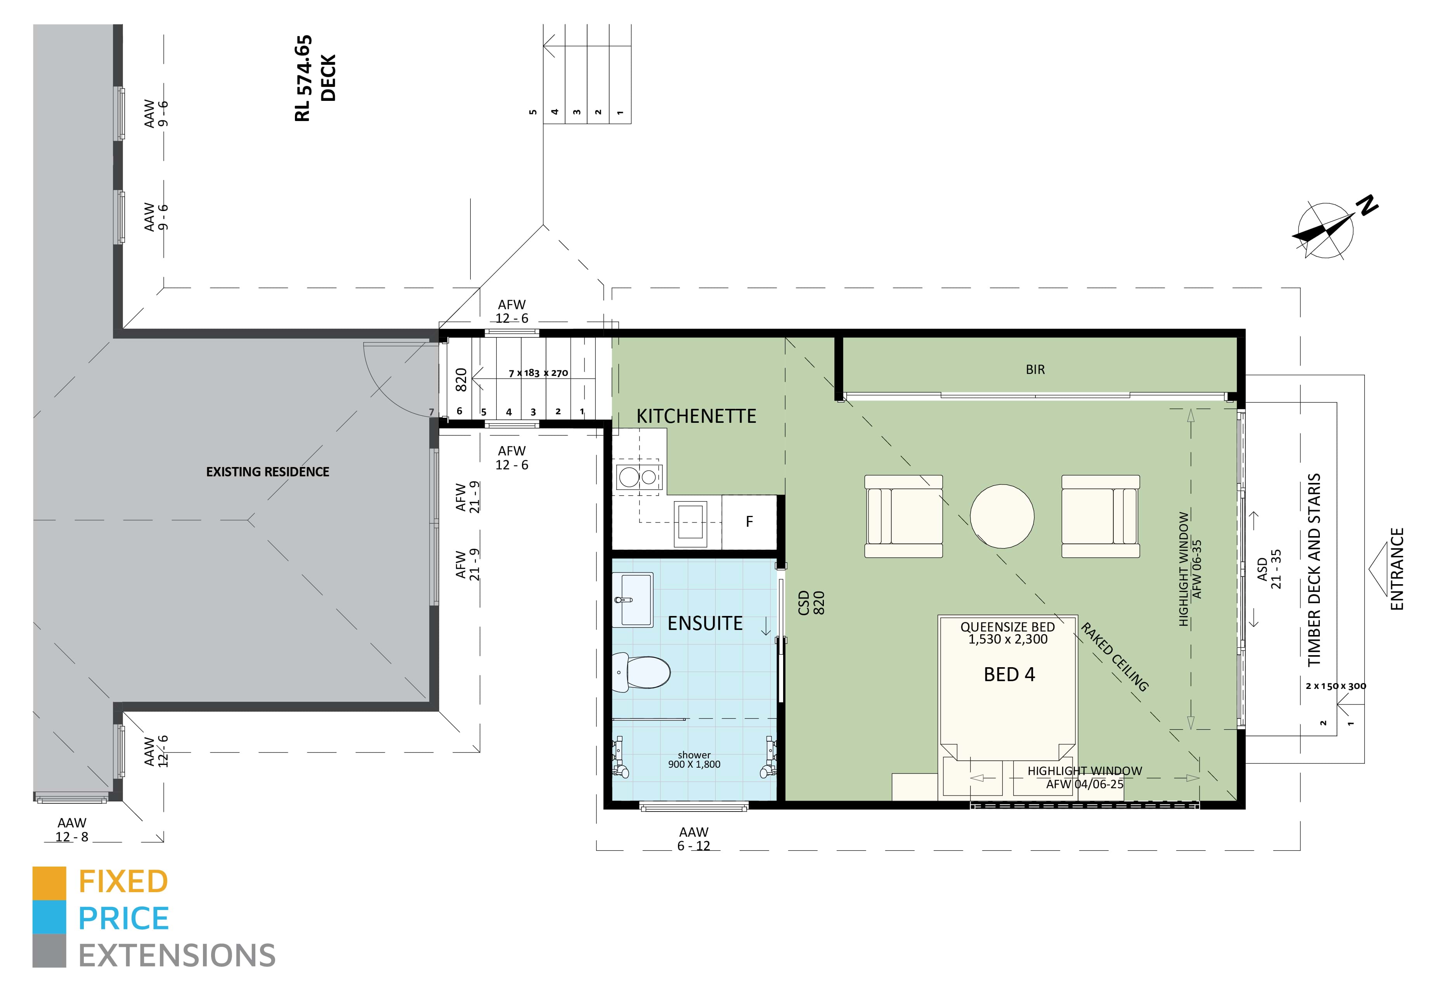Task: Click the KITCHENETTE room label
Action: tap(696, 416)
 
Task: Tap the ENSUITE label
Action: tap(704, 623)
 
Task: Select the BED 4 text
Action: tap(1009, 674)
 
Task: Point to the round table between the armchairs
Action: tap(1002, 516)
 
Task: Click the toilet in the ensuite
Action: tap(642, 672)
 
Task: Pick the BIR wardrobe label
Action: tap(1035, 370)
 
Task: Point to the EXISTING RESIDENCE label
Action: tap(268, 472)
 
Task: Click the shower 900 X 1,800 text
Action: tap(694, 760)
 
